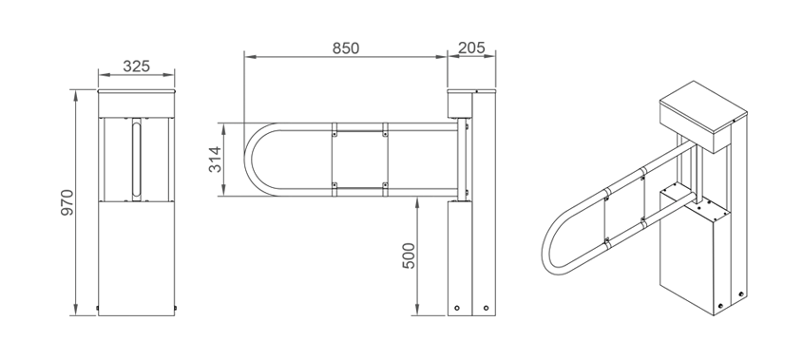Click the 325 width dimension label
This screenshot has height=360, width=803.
[x=137, y=66]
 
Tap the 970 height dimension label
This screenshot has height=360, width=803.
[x=67, y=202]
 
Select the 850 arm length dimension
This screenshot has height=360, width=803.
[x=346, y=48]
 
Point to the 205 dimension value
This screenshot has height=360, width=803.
[x=471, y=47]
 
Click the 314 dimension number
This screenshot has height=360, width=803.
[x=215, y=160]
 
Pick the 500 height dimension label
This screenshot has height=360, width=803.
[x=409, y=256]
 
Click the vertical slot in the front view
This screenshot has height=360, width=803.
[x=136, y=160]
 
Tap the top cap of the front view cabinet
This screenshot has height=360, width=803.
[x=136, y=92]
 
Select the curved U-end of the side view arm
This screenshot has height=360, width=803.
[x=247, y=160]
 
